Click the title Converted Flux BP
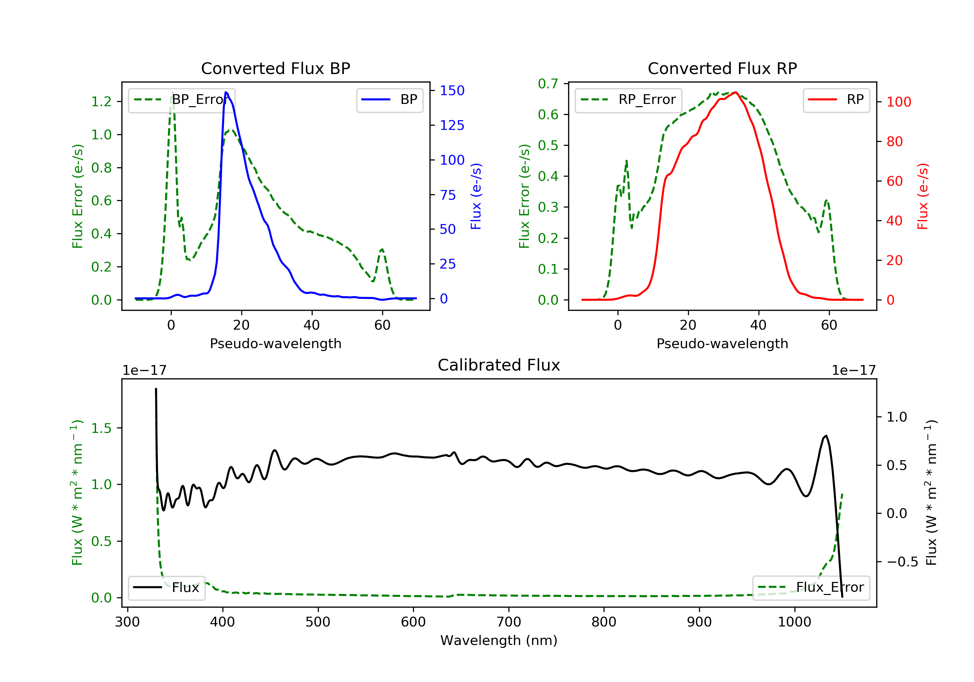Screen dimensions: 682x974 (275, 68)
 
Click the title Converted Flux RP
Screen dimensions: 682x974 (722, 68)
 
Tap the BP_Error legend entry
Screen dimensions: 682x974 (181, 100)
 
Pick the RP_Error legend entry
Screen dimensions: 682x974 (628, 100)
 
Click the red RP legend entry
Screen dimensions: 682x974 (836, 100)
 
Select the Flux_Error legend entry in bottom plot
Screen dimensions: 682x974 (811, 587)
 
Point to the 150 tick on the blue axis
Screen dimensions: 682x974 (452, 90)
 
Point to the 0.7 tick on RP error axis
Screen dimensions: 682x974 (548, 83)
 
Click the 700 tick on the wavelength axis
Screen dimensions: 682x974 (509, 622)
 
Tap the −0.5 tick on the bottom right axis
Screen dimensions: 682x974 (902, 562)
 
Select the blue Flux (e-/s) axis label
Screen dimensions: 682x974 (476, 196)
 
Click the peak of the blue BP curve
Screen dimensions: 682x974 (226, 92)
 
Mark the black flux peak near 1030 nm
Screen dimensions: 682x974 (826, 436)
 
